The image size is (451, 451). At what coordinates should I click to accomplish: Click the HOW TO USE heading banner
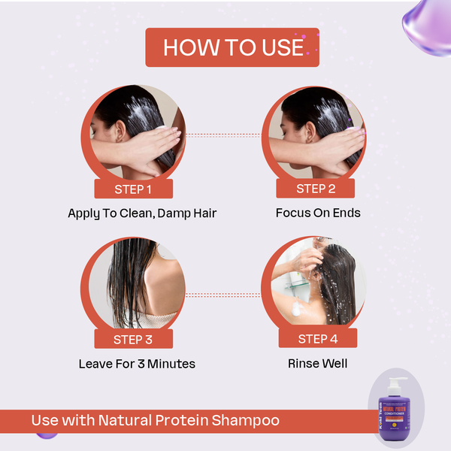tap(232, 47)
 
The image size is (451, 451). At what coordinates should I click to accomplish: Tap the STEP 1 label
tap(133, 189)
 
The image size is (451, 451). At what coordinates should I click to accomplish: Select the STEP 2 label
tap(316, 189)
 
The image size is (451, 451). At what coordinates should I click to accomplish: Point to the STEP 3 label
tap(133, 339)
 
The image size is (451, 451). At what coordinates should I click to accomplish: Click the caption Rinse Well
tap(317, 364)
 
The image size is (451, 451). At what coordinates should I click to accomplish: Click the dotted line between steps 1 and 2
tap(223, 135)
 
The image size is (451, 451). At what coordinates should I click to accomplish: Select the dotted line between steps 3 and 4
tap(223, 295)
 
